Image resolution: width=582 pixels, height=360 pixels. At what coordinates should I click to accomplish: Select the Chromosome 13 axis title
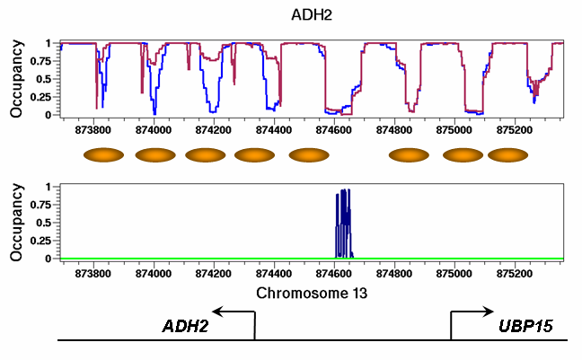(x=310, y=294)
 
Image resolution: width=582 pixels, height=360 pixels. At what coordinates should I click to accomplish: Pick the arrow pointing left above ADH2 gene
(x=233, y=312)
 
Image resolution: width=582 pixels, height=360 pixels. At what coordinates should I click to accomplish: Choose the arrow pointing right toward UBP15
(x=472, y=312)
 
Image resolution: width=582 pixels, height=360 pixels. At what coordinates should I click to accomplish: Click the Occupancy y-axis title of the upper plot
(x=16, y=79)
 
